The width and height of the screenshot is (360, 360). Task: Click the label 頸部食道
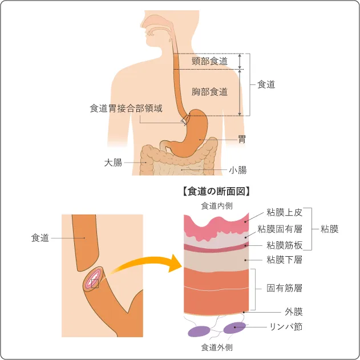210,60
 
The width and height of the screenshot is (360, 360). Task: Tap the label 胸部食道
210,91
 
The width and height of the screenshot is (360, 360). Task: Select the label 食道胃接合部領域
126,108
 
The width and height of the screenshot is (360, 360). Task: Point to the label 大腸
113,163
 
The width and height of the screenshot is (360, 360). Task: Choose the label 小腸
237,169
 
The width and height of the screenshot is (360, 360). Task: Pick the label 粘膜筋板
284,245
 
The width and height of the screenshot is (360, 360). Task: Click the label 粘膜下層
284,260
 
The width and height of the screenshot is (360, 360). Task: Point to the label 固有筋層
284,288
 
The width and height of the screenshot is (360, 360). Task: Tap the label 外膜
293,312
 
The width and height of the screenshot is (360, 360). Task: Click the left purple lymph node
199,330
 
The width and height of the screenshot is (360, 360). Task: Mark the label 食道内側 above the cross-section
216,205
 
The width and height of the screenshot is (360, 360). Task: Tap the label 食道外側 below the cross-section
216,347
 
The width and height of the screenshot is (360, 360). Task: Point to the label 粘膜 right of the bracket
329,229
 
